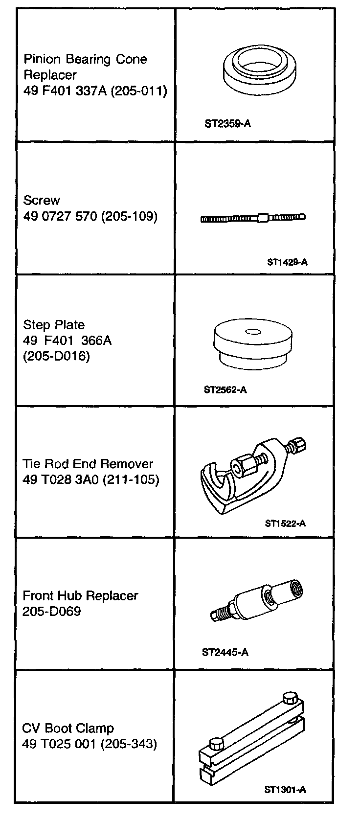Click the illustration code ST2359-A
[x=227, y=124]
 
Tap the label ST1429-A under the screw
[x=287, y=262]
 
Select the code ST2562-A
[x=225, y=390]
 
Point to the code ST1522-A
[x=285, y=523]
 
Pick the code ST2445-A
[x=225, y=652]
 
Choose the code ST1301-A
[x=285, y=789]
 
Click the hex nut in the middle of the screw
[x=263, y=217]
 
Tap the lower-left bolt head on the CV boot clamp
[x=216, y=744]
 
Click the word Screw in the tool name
[x=42, y=201]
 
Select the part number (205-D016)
[x=56, y=356]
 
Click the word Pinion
[x=42, y=60]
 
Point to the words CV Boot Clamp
[x=68, y=729]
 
